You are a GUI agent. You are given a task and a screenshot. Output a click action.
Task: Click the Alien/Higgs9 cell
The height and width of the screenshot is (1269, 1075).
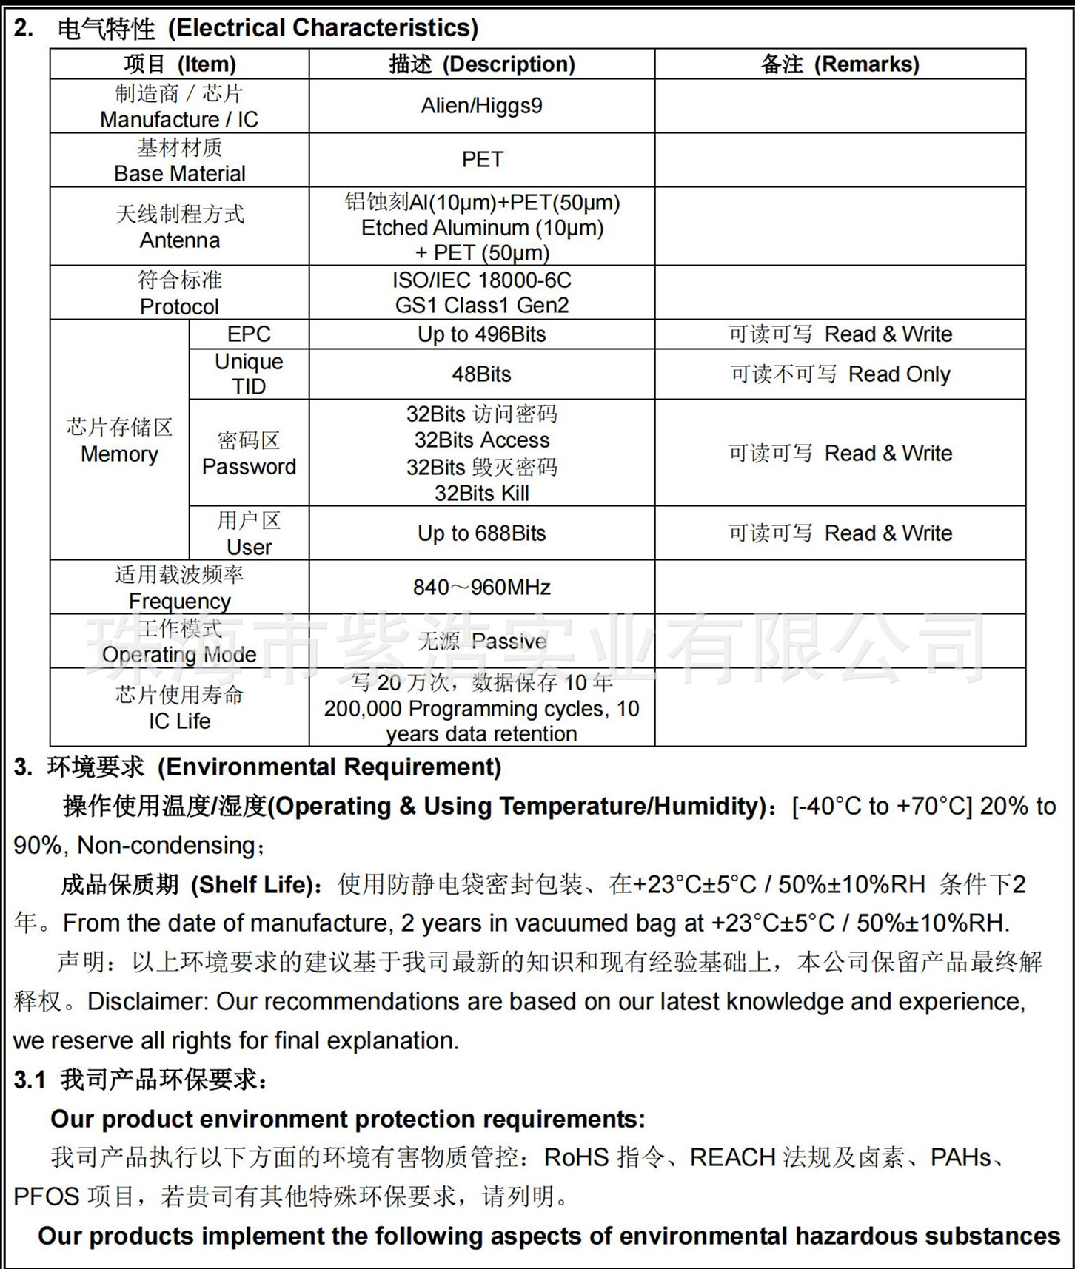[x=481, y=106]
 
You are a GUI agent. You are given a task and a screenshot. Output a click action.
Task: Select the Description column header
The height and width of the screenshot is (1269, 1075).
[x=482, y=64]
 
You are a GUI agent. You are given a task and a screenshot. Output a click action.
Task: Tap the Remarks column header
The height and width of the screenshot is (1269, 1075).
[x=840, y=64]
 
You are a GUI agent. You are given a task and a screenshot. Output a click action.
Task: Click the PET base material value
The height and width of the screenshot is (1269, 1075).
[x=482, y=160]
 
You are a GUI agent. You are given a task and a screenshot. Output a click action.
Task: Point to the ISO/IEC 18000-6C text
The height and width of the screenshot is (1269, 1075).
[x=482, y=280]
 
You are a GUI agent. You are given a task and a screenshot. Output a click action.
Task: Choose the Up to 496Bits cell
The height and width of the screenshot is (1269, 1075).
[x=481, y=334]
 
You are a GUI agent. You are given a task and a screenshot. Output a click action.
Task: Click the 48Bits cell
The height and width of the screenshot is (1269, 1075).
[x=481, y=374]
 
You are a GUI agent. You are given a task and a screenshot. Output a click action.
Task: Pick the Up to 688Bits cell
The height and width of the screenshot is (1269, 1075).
[x=481, y=533]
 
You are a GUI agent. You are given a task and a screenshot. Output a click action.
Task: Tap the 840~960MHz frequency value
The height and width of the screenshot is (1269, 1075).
[x=481, y=588]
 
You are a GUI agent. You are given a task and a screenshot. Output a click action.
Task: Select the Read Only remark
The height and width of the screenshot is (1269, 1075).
[x=899, y=374]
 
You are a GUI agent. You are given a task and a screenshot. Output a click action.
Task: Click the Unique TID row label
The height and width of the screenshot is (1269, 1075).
[x=249, y=374]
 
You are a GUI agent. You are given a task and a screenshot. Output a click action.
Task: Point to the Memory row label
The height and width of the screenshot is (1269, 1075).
[x=119, y=454]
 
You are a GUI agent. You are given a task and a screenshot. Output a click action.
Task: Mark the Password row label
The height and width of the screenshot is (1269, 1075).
[x=249, y=467]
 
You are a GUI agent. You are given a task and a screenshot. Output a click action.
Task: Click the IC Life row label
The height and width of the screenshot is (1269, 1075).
[x=179, y=721]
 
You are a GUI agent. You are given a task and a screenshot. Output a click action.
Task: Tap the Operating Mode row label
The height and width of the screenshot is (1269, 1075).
[x=179, y=654]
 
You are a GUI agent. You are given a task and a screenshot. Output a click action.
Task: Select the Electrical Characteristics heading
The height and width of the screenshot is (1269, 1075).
[x=323, y=28]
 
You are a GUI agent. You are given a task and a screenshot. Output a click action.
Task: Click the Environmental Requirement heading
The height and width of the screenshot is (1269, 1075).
[x=329, y=767]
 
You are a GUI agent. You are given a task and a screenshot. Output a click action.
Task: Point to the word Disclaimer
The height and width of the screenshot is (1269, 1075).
[x=145, y=1002]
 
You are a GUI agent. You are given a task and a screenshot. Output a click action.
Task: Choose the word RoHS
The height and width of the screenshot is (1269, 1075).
[x=576, y=1158]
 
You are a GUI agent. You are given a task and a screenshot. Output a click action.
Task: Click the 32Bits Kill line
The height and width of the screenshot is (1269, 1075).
[x=481, y=494]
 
